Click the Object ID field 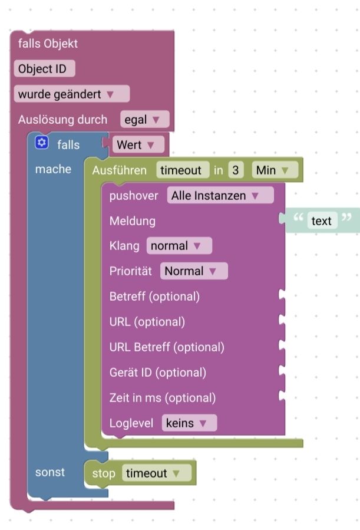click(44, 68)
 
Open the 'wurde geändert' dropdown click(72, 94)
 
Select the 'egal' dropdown click(144, 119)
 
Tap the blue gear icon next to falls click(41, 143)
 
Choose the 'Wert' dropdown click(138, 144)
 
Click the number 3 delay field click(236, 170)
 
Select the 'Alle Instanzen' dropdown click(220, 195)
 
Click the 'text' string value click(321, 220)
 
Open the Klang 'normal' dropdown click(179, 246)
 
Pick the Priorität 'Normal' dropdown click(194, 271)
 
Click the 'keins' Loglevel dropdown click(189, 423)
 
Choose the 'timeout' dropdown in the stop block click(157, 473)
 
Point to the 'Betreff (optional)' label click(155, 297)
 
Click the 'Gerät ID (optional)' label click(158, 373)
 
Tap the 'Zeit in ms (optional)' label click(163, 398)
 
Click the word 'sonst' click(50, 472)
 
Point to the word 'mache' click(54, 169)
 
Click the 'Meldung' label click(133, 220)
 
